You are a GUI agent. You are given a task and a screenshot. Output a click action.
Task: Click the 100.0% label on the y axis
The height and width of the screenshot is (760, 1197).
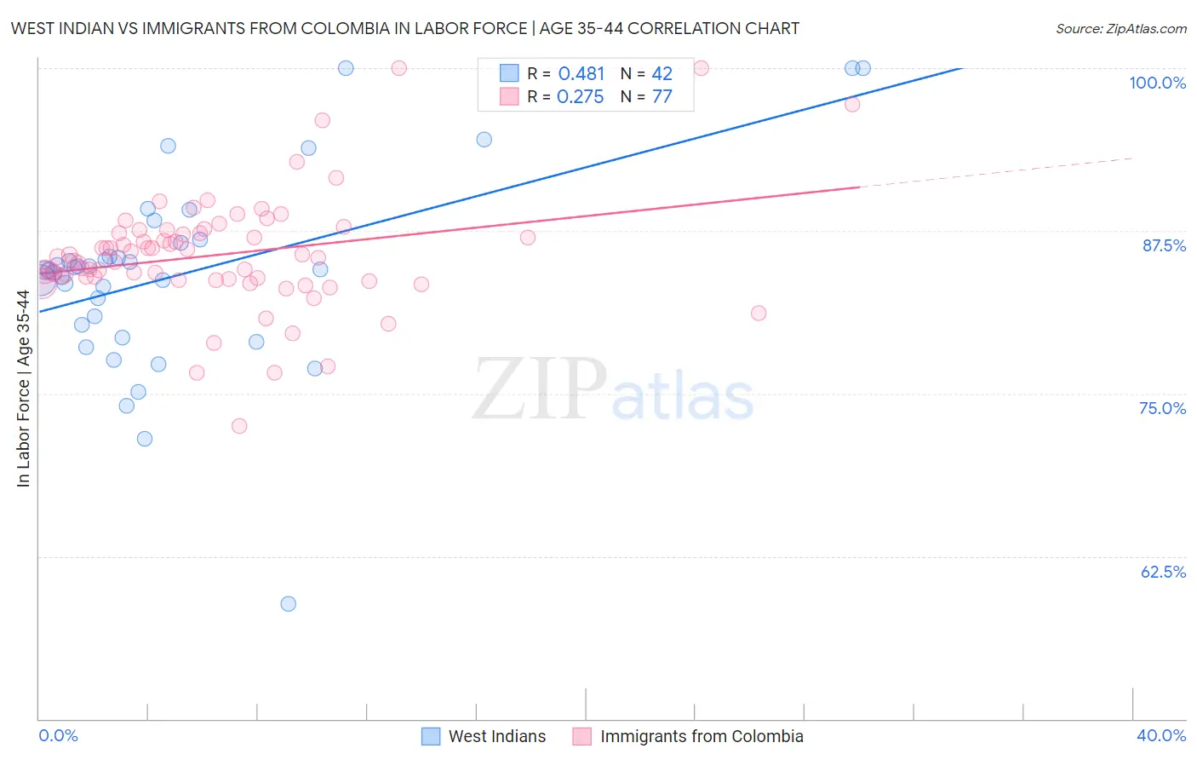pyautogui.click(x=1157, y=83)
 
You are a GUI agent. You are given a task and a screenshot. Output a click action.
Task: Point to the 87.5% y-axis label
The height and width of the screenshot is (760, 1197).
pyautogui.click(x=1164, y=245)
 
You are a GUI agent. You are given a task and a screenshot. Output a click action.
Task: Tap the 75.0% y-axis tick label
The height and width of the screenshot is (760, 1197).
pyautogui.click(x=1162, y=408)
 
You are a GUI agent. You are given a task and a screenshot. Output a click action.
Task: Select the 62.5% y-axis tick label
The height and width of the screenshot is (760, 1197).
pyautogui.click(x=1163, y=572)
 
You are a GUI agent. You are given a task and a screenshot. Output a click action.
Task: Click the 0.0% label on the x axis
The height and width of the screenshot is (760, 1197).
pyautogui.click(x=58, y=735)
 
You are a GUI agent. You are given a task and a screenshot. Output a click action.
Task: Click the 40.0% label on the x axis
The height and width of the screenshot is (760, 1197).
pyautogui.click(x=1161, y=735)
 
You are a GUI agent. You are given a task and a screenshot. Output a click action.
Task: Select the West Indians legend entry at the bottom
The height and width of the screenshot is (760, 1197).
pyautogui.click(x=484, y=736)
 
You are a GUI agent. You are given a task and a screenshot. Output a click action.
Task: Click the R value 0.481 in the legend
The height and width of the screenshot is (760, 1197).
pyautogui.click(x=581, y=74)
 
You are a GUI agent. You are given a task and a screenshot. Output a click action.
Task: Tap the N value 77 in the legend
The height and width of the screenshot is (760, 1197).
pyautogui.click(x=662, y=97)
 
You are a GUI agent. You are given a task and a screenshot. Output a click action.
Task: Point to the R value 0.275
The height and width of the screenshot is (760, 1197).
pyautogui.click(x=581, y=97)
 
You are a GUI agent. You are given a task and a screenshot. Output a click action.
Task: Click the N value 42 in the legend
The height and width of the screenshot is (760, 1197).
pyautogui.click(x=662, y=74)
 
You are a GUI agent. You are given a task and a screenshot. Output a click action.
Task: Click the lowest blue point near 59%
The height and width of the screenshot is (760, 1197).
pyautogui.click(x=289, y=604)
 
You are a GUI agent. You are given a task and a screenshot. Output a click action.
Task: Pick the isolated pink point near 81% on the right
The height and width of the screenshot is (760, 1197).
pyautogui.click(x=759, y=313)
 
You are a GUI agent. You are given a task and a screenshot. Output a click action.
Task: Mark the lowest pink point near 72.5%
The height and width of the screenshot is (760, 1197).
pyautogui.click(x=239, y=426)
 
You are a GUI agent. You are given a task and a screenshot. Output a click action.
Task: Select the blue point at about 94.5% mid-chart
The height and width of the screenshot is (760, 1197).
pyautogui.click(x=484, y=140)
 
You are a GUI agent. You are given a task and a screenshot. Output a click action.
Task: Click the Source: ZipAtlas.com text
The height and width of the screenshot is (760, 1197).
pyautogui.click(x=1120, y=29)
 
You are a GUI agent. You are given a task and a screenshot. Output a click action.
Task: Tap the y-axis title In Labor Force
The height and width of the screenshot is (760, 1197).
pyautogui.click(x=23, y=389)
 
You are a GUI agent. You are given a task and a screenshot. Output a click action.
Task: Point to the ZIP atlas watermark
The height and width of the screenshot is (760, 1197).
pyautogui.click(x=613, y=390)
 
